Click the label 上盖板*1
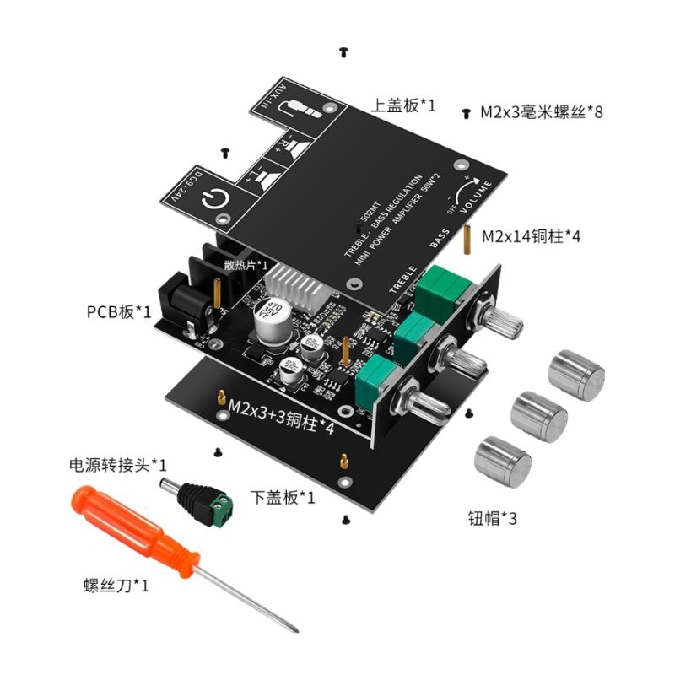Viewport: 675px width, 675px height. [404, 106]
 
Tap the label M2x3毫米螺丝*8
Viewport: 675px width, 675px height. [541, 111]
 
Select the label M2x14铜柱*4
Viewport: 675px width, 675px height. [531, 237]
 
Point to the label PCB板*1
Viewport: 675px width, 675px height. [118, 312]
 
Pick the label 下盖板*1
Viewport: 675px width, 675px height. [283, 498]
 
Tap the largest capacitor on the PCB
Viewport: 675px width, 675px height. [272, 316]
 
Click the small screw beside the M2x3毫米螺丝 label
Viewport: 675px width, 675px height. [467, 111]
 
